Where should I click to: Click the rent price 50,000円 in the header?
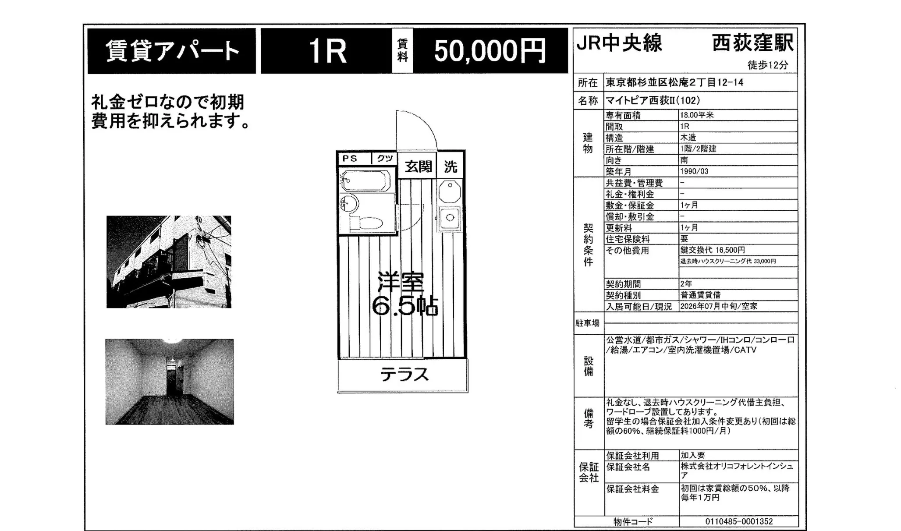pyautogui.click(x=490, y=51)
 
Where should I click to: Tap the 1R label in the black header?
pyautogui.click(x=327, y=51)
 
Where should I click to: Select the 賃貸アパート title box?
pyautogui.click(x=172, y=51)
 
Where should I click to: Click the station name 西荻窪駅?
pyautogui.click(x=752, y=43)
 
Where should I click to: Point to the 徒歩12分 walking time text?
pyautogui.click(x=768, y=65)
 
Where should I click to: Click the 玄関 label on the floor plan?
pyautogui.click(x=418, y=166)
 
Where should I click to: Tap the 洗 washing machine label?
pyautogui.click(x=450, y=166)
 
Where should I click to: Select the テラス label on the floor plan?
pyautogui.click(x=404, y=375)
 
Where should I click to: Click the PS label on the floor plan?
pyautogui.click(x=350, y=158)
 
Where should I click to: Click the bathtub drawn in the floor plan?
pyautogui.click(x=365, y=181)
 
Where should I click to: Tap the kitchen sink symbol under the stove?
pyautogui.click(x=450, y=217)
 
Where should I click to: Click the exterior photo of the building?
pyautogui.click(x=169, y=262)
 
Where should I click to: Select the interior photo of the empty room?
pyautogui.click(x=170, y=382)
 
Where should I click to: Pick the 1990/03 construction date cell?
pyautogui.click(x=694, y=171)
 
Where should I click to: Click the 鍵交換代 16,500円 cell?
pyautogui.click(x=713, y=250)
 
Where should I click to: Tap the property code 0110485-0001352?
pyautogui.click(x=739, y=521)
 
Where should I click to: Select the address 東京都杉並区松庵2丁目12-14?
pyautogui.click(x=674, y=82)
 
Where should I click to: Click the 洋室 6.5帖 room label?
pyautogui.click(x=404, y=294)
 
